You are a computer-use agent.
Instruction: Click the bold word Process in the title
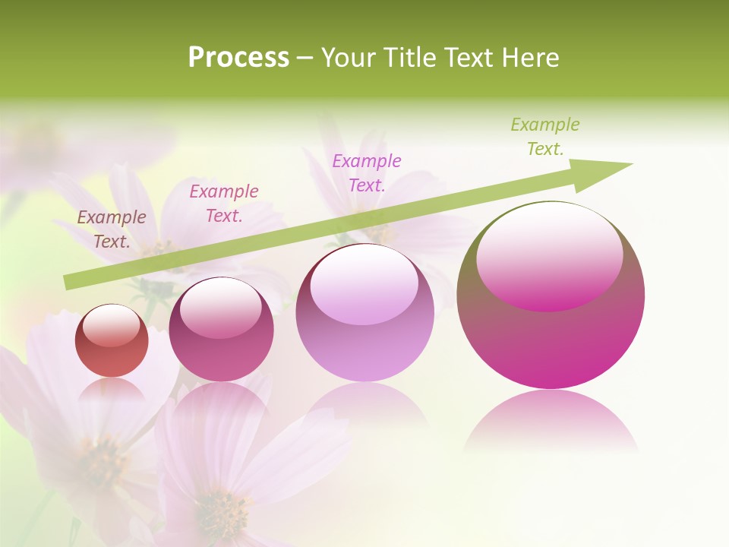[238, 58]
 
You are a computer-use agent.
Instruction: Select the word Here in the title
[531, 58]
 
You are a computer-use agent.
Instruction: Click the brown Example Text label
[112, 229]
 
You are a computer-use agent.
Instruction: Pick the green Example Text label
[544, 137]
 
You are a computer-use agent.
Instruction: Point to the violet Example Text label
[367, 172]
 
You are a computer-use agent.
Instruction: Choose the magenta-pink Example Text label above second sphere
[224, 203]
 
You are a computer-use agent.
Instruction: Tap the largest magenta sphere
[551, 319]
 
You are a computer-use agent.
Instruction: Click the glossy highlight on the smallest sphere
[111, 325]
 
